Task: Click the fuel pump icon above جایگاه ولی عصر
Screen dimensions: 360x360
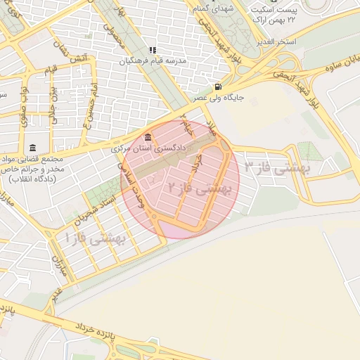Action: click(x=204, y=87)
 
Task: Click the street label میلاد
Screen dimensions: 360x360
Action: click(x=212, y=126)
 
